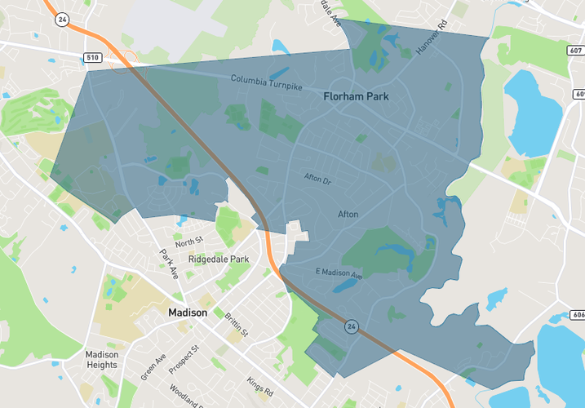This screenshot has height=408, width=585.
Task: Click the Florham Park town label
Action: tap(356, 96)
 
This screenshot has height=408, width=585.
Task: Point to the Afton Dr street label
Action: tap(317, 177)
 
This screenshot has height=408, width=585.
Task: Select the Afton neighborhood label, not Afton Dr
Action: tap(348, 214)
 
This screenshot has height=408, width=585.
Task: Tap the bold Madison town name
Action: tap(188, 313)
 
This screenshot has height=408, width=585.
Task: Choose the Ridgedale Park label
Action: tap(218, 259)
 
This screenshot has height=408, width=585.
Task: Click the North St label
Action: tap(188, 242)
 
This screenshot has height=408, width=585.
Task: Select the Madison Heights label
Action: tap(102, 359)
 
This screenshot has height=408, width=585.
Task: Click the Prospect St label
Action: tap(184, 360)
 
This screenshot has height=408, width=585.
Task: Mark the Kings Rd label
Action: tap(259, 384)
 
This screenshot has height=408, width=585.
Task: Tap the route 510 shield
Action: tap(94, 57)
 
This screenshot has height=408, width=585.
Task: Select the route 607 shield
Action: tap(575, 50)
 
